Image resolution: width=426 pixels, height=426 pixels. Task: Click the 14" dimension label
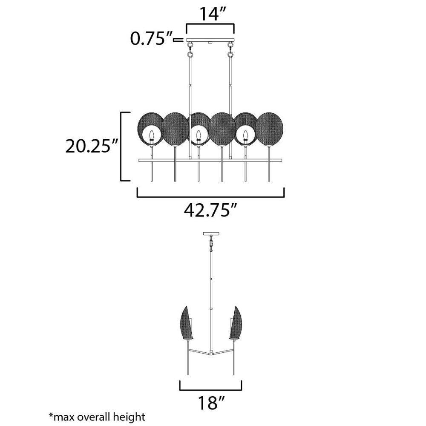(209, 14)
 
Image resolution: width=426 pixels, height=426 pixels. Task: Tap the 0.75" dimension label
(152, 39)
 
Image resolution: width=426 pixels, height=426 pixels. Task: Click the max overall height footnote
(97, 417)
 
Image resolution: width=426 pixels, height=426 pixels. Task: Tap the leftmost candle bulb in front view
(152, 135)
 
